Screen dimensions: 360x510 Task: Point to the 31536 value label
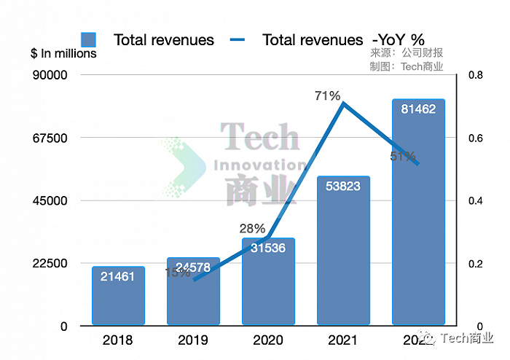[x=267, y=248]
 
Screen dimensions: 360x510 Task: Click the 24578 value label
[x=193, y=267]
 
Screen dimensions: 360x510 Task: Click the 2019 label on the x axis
[x=192, y=340]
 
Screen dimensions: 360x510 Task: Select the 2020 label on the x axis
[x=267, y=340]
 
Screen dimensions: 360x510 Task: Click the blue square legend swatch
[x=89, y=39]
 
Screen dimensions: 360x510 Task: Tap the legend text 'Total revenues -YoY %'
[x=343, y=39]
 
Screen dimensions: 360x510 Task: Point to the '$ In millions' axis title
[x=63, y=53]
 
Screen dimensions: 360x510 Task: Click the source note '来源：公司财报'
[x=407, y=53]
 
